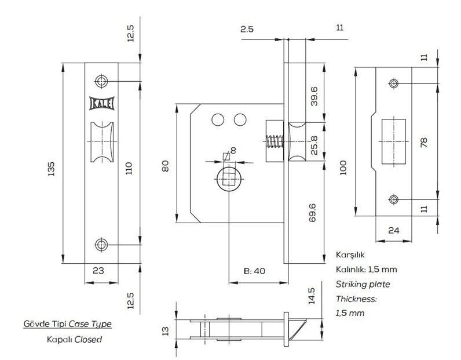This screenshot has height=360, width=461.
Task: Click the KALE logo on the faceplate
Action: [x=102, y=103]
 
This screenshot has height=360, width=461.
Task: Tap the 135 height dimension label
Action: [x=51, y=169]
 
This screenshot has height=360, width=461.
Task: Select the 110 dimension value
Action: [x=129, y=168]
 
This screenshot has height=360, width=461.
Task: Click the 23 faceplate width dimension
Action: [x=98, y=271]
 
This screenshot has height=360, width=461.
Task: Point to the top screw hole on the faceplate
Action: [x=101, y=81]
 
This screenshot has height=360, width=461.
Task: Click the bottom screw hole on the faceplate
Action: [x=101, y=245]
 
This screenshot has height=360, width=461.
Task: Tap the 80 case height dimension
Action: [x=166, y=166]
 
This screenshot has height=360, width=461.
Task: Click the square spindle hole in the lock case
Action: [x=229, y=179]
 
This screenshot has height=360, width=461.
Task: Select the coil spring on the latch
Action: [x=275, y=141]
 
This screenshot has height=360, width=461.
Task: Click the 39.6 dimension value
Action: [x=314, y=96]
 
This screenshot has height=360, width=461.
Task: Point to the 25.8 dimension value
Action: [x=314, y=145]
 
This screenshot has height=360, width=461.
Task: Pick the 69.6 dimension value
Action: [x=313, y=213]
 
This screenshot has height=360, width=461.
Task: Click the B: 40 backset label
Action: [x=255, y=271]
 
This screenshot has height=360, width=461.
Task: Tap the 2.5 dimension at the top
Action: [x=247, y=29]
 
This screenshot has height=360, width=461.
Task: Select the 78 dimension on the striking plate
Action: [x=424, y=143]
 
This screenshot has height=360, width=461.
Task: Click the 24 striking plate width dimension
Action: [x=394, y=230]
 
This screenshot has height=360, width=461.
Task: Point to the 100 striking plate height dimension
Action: [x=343, y=168]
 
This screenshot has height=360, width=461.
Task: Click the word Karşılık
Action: [x=350, y=255]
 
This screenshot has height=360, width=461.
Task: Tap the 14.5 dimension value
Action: [x=312, y=296]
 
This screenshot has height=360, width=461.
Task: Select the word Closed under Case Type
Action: [x=88, y=339]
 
